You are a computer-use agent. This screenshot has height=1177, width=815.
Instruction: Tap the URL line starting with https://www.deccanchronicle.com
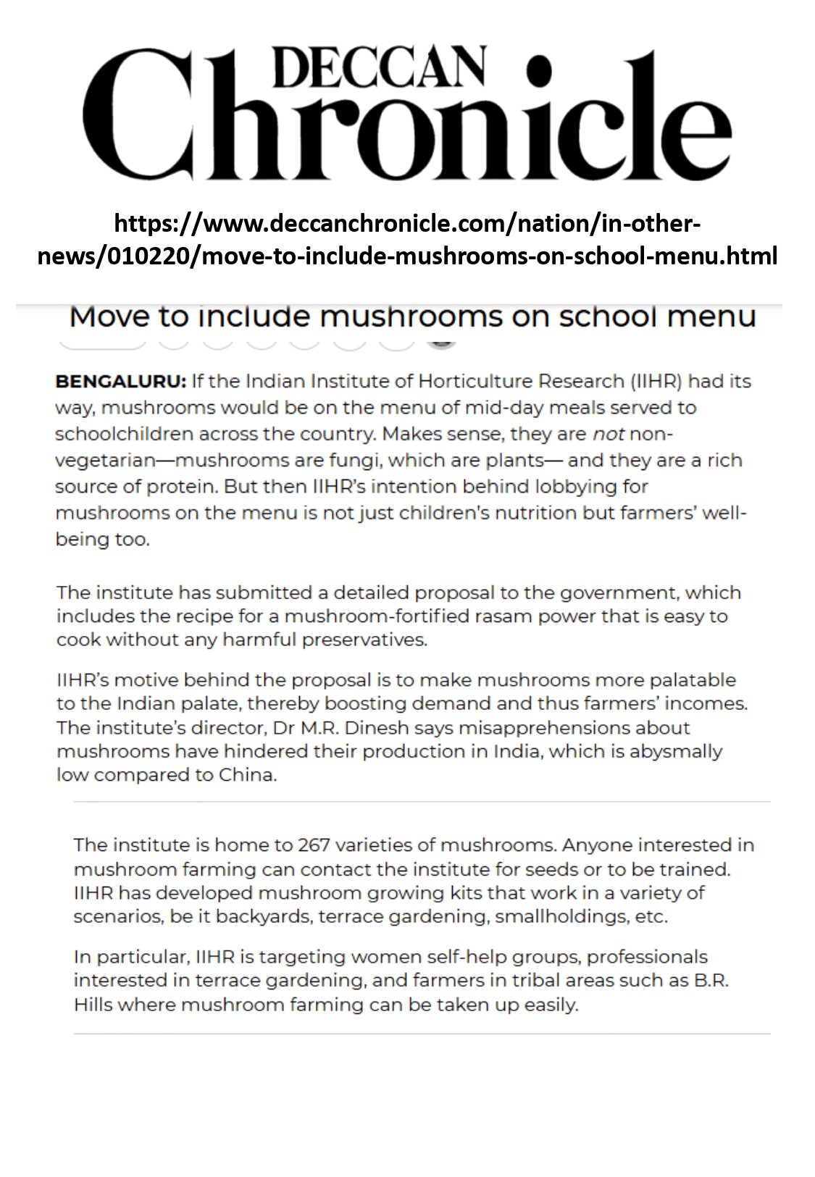pos(407,223)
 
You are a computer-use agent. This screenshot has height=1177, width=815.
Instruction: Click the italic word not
pos(609,434)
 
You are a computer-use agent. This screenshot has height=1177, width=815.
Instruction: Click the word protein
pos(181,487)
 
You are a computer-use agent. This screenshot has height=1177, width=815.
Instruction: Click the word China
pos(247,775)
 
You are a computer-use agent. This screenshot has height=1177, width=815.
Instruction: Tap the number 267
pos(313,845)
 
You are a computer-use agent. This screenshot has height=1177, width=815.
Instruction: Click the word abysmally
pos(676,751)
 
